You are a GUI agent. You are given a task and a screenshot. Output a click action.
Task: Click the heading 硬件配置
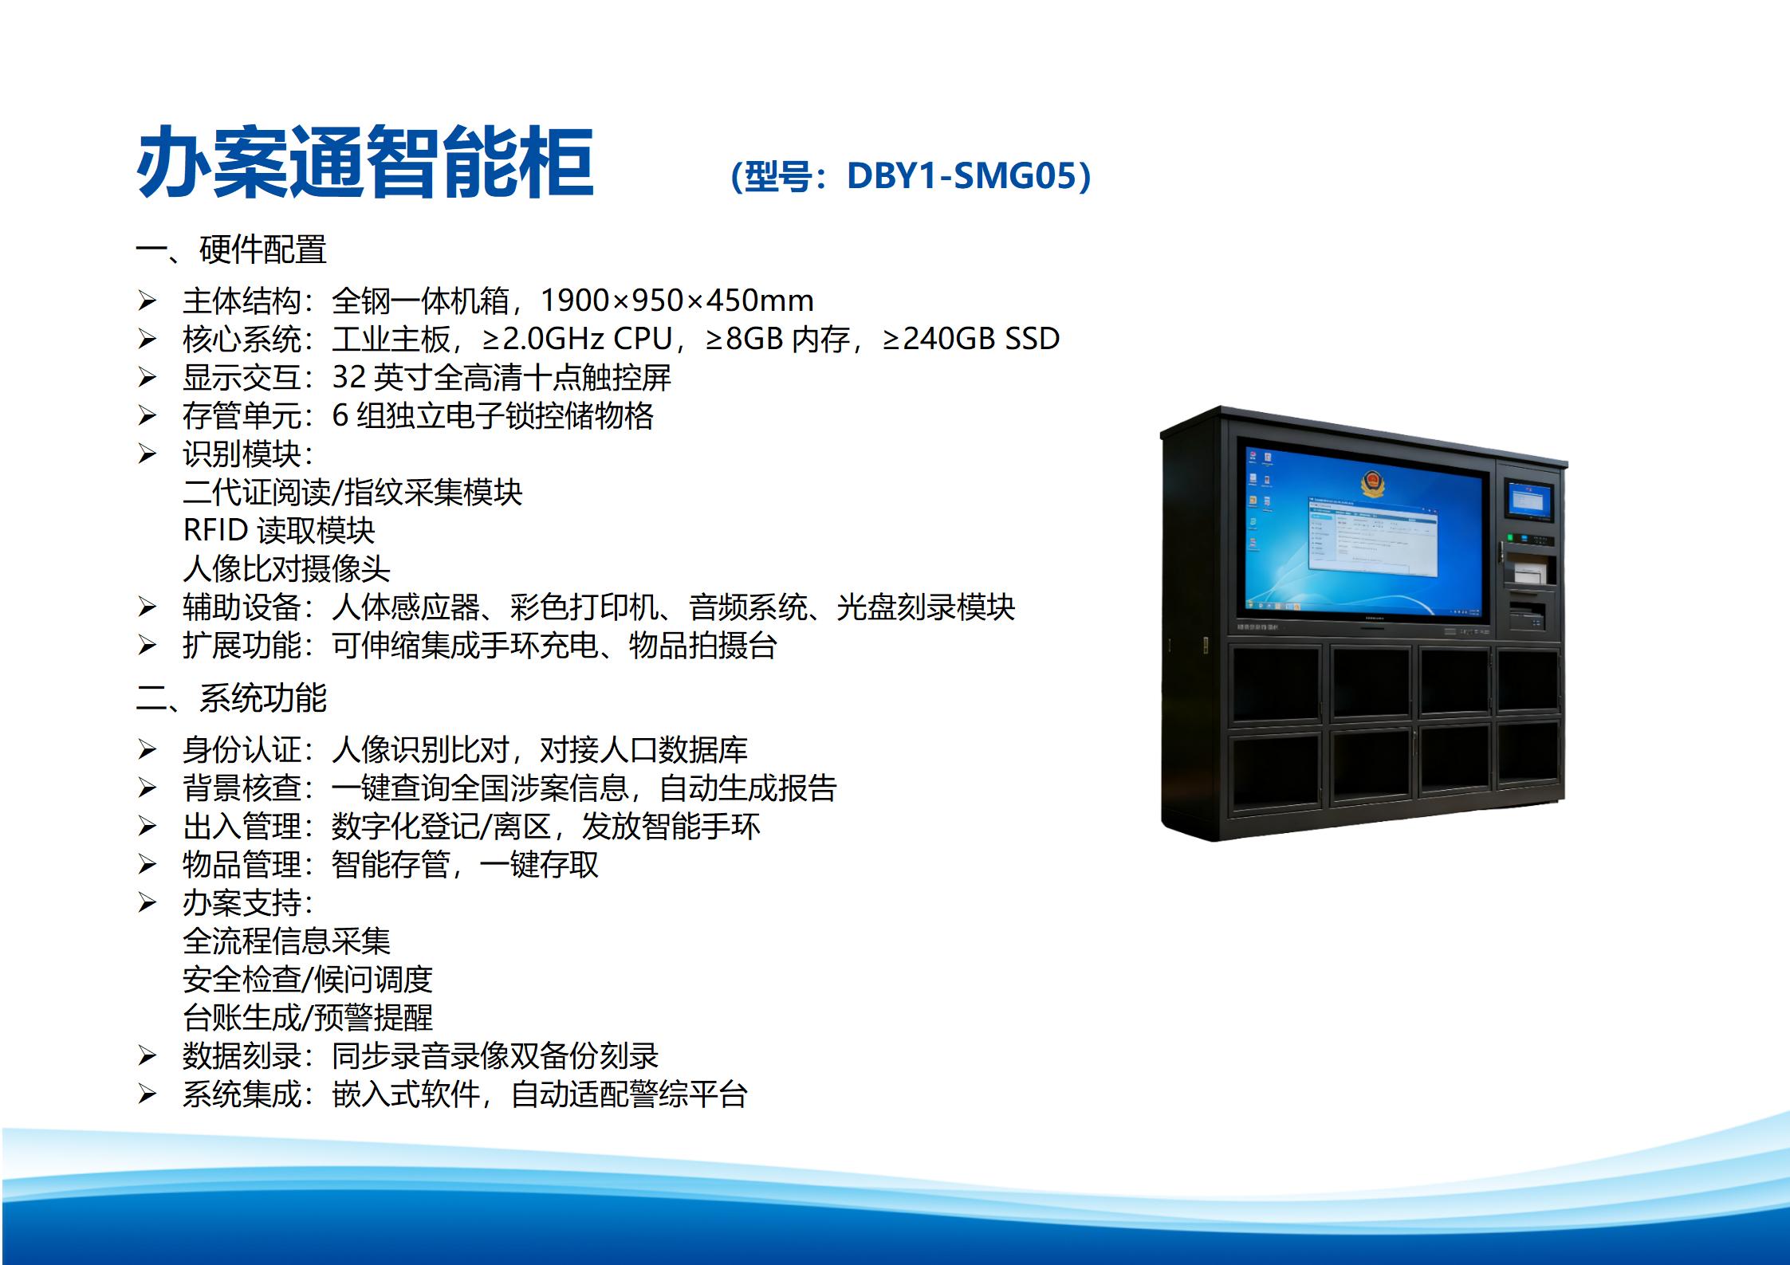pyautogui.click(x=262, y=249)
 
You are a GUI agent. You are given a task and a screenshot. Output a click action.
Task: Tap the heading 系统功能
pyautogui.click(x=262, y=698)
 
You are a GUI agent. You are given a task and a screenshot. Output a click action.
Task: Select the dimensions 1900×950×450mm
pyautogui.click(x=677, y=301)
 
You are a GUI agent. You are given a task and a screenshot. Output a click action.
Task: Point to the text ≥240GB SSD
pyautogui.click(x=971, y=339)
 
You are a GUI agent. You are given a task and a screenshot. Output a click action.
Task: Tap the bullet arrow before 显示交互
pyautogui.click(x=147, y=377)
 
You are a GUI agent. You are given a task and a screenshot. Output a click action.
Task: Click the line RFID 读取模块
pyautogui.click(x=278, y=530)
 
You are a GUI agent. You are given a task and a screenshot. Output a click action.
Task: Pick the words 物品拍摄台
pyautogui.click(x=702, y=646)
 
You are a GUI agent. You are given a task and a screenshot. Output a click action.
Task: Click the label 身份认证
pyautogui.click(x=242, y=749)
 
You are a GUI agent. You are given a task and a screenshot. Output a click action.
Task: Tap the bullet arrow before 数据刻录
pyautogui.click(x=147, y=1056)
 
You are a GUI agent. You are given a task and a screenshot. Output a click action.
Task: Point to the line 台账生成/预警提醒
pyautogui.click(x=308, y=1018)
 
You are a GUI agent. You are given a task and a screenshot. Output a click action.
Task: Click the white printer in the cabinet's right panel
pyautogui.click(x=1529, y=572)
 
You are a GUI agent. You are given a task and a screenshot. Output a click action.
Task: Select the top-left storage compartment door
pyautogui.click(x=1276, y=684)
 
